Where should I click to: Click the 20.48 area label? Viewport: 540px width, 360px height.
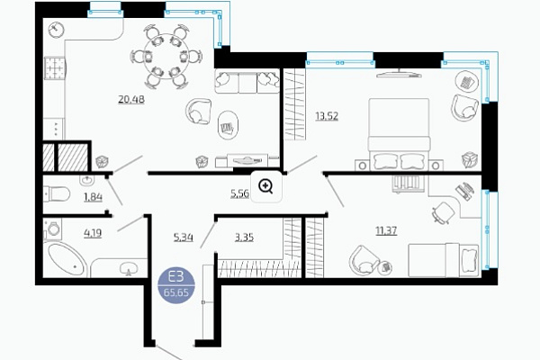click(x=131, y=100)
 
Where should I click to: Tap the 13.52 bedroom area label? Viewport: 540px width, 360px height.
click(x=327, y=116)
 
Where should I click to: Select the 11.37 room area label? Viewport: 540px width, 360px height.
click(x=386, y=230)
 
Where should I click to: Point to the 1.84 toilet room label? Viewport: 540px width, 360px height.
click(x=93, y=197)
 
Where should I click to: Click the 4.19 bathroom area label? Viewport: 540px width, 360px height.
click(x=93, y=233)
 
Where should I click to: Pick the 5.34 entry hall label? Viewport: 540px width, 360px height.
click(x=184, y=238)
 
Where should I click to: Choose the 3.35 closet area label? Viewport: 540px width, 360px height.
click(x=244, y=238)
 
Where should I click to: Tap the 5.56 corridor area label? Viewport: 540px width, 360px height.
click(x=239, y=193)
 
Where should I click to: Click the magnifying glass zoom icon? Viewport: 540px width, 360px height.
click(x=265, y=186)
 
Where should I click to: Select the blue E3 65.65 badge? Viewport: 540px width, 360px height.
click(x=176, y=285)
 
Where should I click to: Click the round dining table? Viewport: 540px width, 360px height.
click(x=166, y=56)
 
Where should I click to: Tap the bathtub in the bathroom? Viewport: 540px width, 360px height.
click(x=67, y=259)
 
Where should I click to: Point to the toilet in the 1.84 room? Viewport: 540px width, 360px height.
click(x=57, y=194)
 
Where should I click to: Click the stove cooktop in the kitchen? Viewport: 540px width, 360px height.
click(x=54, y=68)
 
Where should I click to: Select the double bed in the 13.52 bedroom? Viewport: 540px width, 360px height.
click(x=399, y=134)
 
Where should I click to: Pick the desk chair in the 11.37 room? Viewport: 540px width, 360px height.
click(x=444, y=212)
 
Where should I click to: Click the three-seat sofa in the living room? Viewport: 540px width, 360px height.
click(x=247, y=81)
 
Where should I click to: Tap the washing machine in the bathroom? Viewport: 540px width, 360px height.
click(x=53, y=229)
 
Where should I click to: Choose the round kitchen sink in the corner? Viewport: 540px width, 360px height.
click(x=56, y=30)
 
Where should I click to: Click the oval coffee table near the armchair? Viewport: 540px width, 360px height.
click(x=228, y=125)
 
